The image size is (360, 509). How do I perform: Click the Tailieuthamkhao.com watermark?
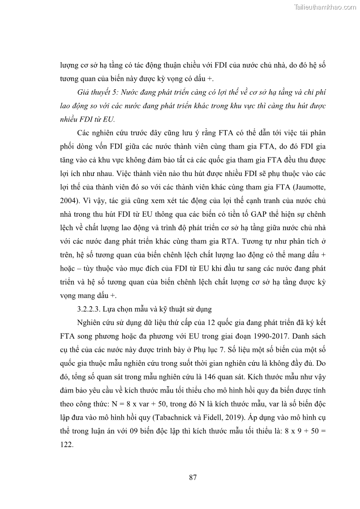pyautogui.click(x=326, y=7)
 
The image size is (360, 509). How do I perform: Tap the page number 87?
pyautogui.click(x=192, y=477)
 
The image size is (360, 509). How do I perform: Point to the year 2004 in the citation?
pyautogui.click(x=68, y=200)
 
